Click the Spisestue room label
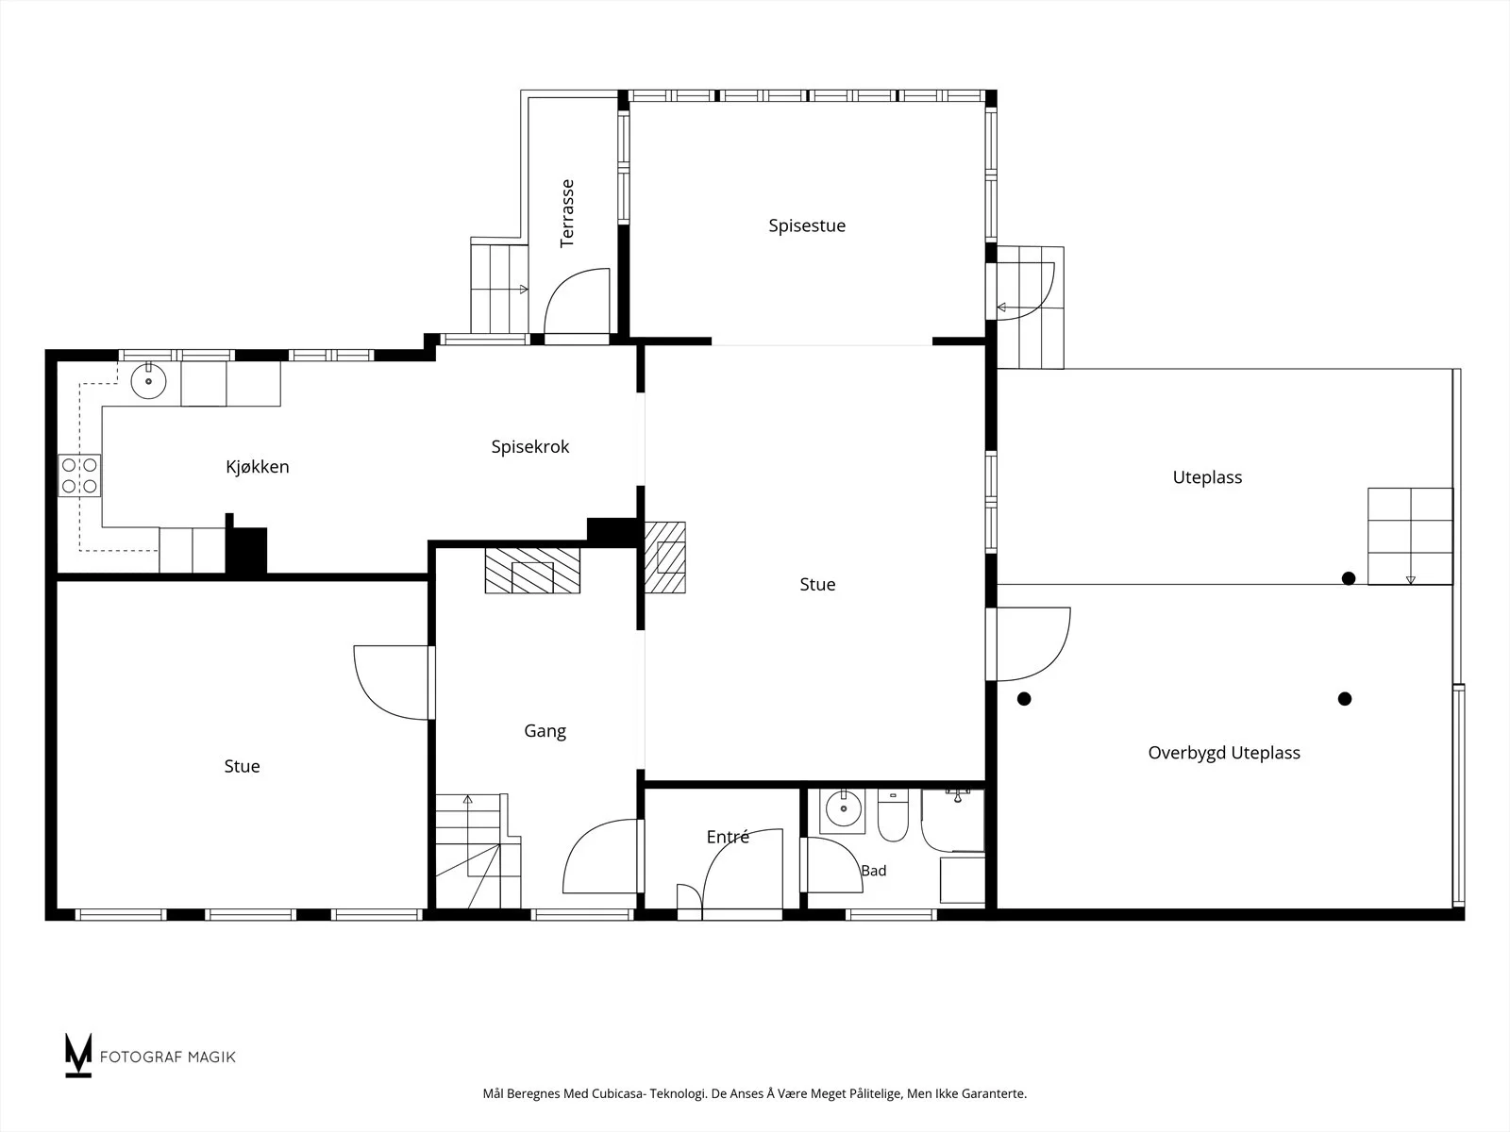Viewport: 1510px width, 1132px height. tap(807, 225)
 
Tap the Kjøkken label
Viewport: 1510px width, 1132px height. tap(258, 467)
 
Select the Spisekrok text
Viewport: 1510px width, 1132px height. tap(530, 447)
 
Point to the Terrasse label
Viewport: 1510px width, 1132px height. tap(567, 214)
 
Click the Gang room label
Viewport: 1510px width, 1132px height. tap(545, 730)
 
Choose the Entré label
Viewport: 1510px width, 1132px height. tap(728, 837)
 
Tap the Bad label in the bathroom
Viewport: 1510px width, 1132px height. tap(874, 871)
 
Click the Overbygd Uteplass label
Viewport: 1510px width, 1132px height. tap(1224, 753)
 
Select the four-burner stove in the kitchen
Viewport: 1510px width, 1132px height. tap(79, 474)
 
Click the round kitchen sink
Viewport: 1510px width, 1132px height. tap(148, 381)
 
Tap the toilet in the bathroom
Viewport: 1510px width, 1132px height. tap(893, 815)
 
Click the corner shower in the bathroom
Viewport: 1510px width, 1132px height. tap(953, 821)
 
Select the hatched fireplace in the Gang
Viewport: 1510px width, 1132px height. tap(532, 571)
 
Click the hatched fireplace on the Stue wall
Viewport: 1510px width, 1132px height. tap(665, 558)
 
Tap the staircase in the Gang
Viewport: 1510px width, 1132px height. tap(478, 851)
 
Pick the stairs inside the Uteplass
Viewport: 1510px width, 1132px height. tap(1410, 536)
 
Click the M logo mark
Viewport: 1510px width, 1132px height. tap(78, 1055)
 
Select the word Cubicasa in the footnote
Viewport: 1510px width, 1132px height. tap(618, 1093)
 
